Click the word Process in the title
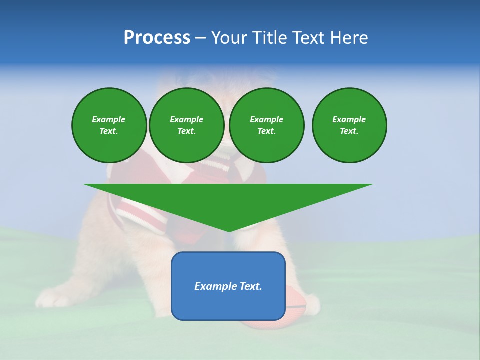point(157,38)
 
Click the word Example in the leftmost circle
point(109,119)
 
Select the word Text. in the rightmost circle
point(349,131)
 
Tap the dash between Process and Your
point(200,38)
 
